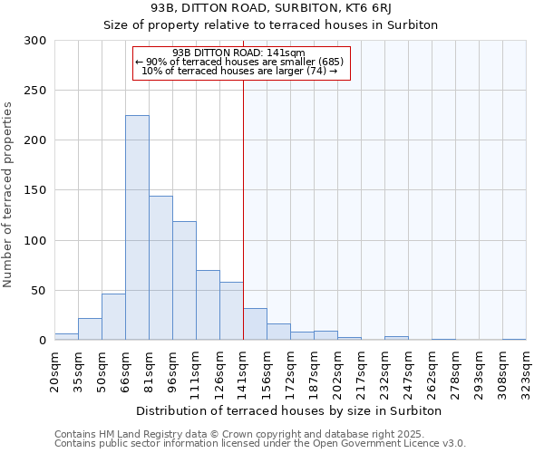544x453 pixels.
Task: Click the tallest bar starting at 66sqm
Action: (137, 227)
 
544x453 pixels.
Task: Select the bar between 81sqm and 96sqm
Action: (160, 268)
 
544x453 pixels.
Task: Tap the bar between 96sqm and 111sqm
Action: (184, 281)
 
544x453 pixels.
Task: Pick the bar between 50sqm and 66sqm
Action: (113, 317)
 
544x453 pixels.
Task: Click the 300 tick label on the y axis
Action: (35, 41)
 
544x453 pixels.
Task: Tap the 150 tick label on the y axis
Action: (35, 190)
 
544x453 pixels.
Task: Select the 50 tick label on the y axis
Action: (39, 291)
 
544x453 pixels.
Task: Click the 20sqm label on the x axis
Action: (55, 369)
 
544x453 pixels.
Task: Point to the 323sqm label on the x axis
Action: (527, 369)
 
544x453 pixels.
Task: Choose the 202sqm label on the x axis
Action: (338, 369)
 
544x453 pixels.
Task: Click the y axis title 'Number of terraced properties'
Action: (8, 195)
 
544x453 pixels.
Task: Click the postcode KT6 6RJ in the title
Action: (357, 8)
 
